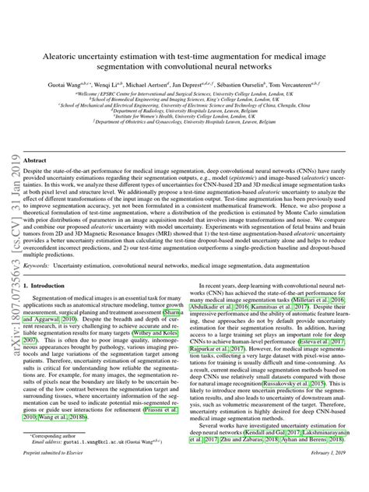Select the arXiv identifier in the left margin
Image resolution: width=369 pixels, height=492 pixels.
coord(12,226)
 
